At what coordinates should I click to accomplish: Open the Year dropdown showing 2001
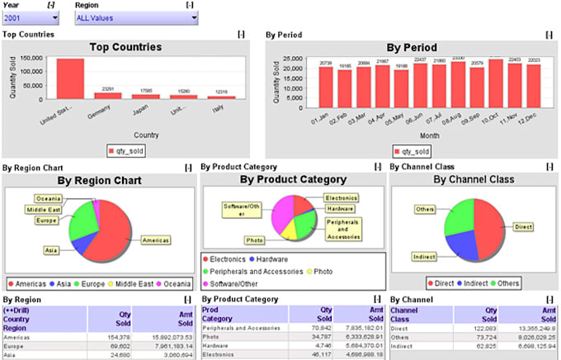[31, 17]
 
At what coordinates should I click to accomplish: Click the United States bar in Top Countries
[70, 78]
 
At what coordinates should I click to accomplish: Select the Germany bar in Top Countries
[108, 96]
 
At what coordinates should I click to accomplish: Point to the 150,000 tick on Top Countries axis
[30, 59]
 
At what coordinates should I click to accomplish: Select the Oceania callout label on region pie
[49, 198]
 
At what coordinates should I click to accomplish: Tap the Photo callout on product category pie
[254, 240]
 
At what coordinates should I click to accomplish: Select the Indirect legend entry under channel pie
[470, 282]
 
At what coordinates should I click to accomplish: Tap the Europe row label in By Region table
[16, 347]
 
